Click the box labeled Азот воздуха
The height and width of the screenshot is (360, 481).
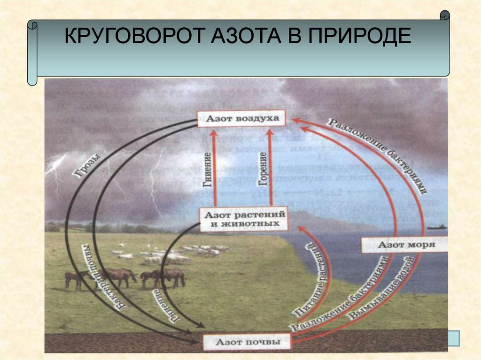click(241, 119)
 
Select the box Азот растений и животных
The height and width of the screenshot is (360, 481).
click(244, 219)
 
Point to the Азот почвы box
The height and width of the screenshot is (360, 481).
click(248, 342)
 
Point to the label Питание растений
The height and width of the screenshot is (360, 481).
click(310, 282)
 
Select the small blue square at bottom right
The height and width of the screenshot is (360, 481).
click(454, 337)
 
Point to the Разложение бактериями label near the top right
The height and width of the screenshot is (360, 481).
click(379, 155)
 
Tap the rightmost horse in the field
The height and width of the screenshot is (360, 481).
click(171, 277)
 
